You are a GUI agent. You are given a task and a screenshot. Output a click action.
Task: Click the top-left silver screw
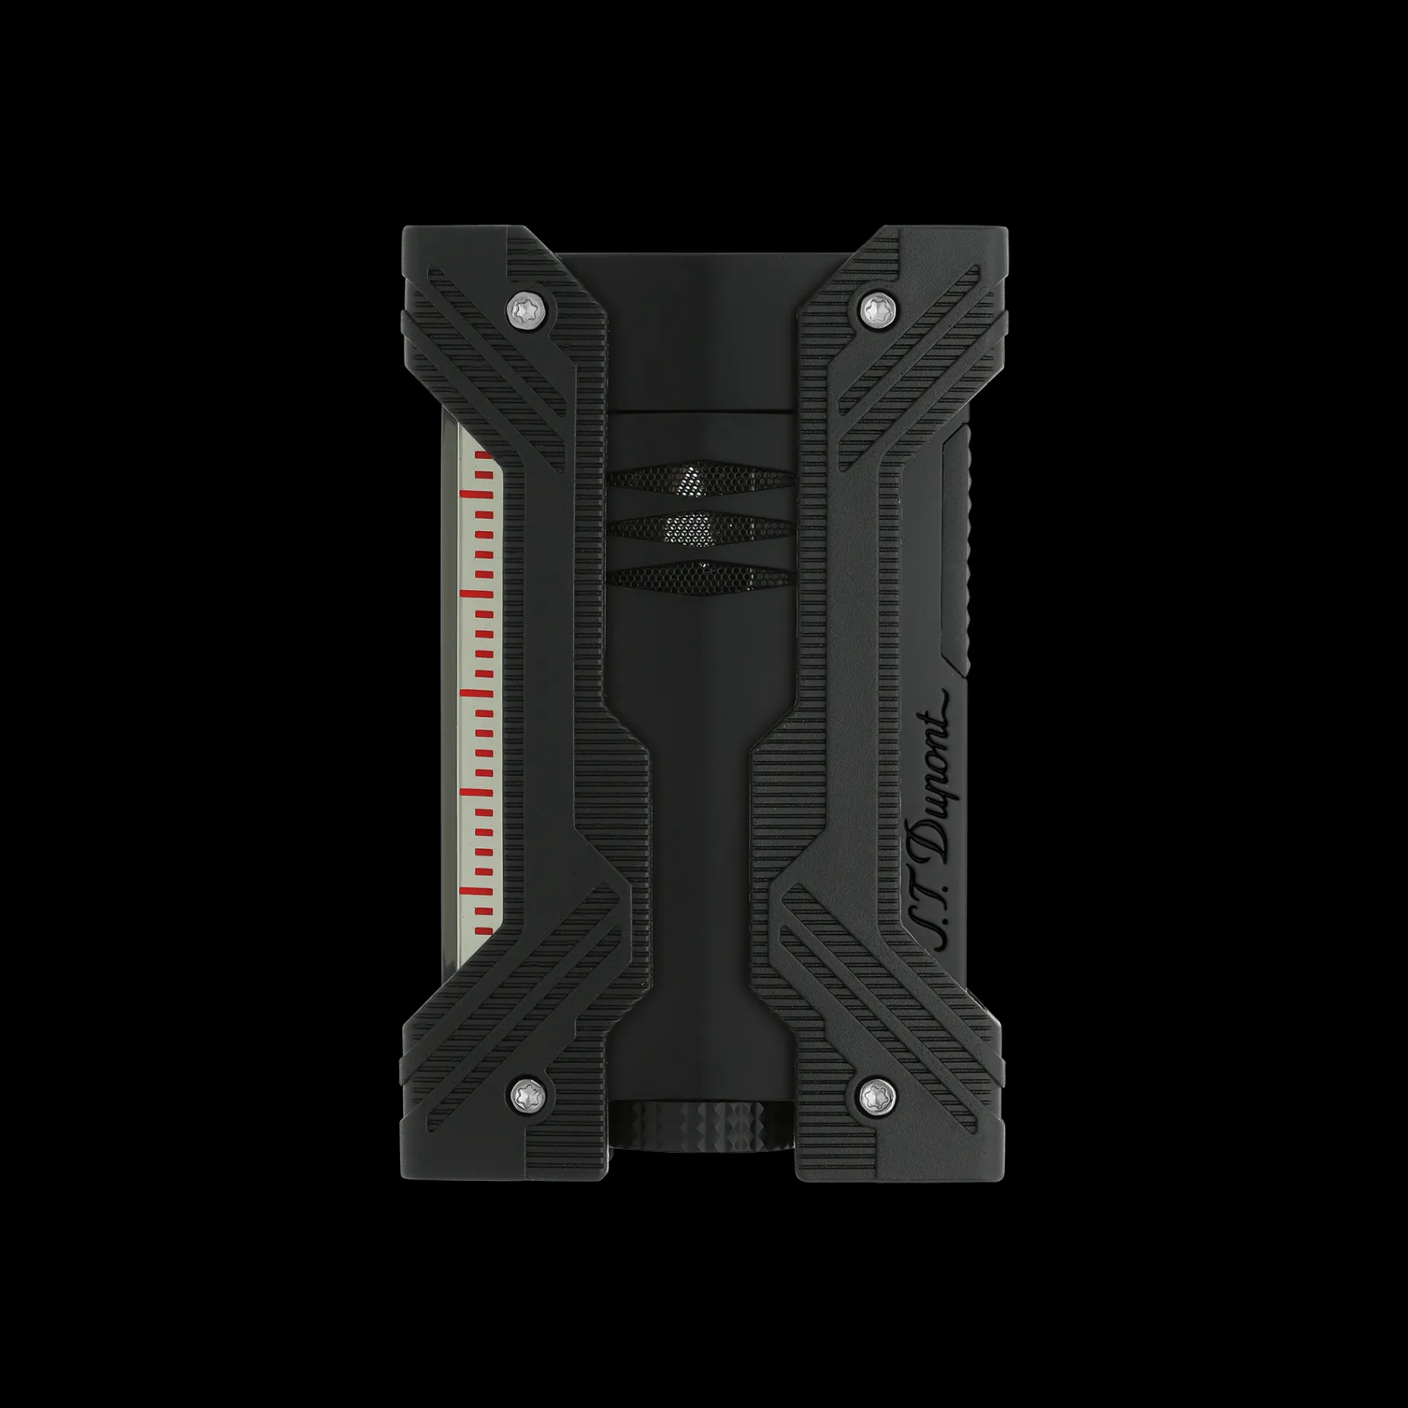[523, 308]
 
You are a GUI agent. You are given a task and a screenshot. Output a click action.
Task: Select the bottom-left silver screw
[523, 1096]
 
